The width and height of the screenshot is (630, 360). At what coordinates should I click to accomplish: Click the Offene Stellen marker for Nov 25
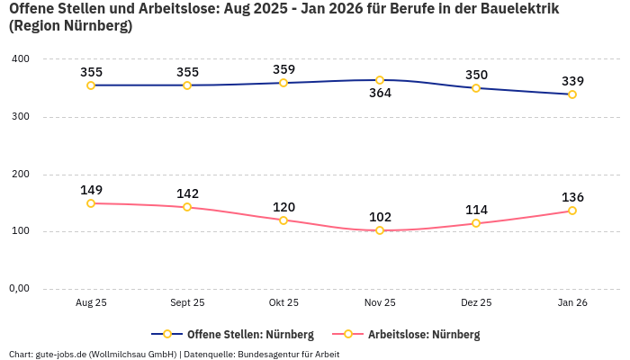(x=380, y=80)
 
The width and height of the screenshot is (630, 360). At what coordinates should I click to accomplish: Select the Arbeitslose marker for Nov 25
(x=380, y=230)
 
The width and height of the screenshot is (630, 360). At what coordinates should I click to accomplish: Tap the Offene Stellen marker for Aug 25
(x=91, y=85)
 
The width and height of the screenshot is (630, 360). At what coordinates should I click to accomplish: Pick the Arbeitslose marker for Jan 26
(x=572, y=211)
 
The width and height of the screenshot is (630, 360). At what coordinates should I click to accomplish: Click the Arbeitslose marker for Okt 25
(x=283, y=220)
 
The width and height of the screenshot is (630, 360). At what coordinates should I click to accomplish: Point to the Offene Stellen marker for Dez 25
(x=476, y=88)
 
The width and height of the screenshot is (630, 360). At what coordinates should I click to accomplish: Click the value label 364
(x=380, y=94)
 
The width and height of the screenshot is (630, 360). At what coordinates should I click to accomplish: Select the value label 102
(x=380, y=217)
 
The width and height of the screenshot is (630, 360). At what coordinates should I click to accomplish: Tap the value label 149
(x=91, y=190)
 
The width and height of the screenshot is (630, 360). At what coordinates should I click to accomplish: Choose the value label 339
(x=572, y=81)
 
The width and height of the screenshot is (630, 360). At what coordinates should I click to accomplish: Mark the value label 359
(x=283, y=69)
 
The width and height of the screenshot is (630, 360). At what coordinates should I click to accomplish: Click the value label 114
(x=476, y=210)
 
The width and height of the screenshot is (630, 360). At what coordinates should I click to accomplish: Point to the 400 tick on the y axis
(x=20, y=59)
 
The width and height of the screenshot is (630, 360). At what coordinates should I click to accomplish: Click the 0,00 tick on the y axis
(x=20, y=289)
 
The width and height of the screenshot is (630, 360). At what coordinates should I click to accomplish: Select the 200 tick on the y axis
(x=20, y=175)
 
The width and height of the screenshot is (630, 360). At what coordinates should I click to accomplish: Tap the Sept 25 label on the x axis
(x=187, y=303)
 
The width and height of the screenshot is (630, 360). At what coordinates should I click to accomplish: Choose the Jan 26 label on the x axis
(x=572, y=303)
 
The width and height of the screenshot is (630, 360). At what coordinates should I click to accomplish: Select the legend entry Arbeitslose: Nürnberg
(x=423, y=335)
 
